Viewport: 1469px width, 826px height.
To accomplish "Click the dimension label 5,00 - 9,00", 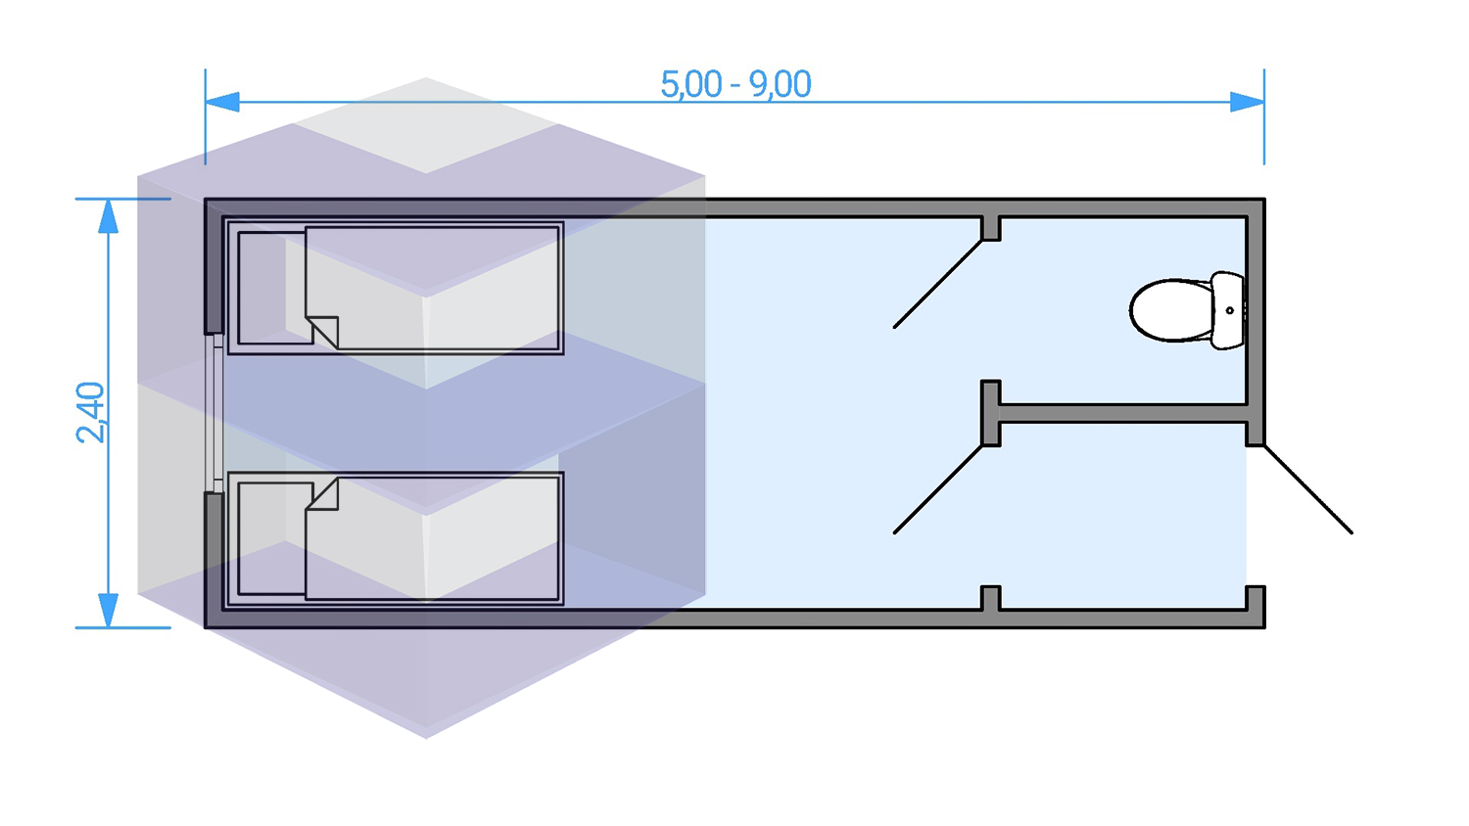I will [735, 84].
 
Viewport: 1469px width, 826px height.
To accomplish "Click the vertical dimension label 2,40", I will [90, 413].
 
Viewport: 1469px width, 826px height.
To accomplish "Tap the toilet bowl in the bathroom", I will [1170, 310].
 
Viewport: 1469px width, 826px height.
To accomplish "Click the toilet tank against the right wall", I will [1228, 310].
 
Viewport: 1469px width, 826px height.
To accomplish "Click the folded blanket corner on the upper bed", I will [324, 331].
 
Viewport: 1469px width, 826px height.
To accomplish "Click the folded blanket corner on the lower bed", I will [324, 495].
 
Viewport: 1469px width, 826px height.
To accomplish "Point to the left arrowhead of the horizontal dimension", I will [222, 102].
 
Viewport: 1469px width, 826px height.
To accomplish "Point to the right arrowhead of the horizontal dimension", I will [1247, 102].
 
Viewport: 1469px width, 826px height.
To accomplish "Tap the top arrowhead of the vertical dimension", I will [109, 216].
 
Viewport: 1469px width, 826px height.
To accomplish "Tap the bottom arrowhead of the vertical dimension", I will [109, 610].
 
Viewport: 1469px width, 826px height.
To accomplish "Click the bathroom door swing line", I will [938, 284].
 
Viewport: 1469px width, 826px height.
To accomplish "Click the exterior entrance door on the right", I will [1308, 489].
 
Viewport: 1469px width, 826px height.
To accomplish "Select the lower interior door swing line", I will [938, 489].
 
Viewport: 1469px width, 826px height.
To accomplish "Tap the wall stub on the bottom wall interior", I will [991, 599].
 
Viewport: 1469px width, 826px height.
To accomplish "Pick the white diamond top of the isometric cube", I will [426, 125].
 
